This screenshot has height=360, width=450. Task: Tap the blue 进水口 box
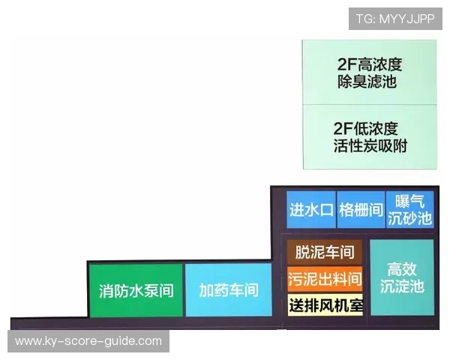coord(310,210)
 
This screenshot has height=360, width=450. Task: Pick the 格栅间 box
coord(359,210)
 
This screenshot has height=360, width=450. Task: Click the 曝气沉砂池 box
coord(409,210)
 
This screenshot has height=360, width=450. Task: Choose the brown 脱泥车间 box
coord(324,252)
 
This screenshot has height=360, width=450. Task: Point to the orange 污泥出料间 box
coord(324,279)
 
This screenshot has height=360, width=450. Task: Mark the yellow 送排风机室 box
coord(324,305)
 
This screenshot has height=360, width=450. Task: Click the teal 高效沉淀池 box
coord(402,277)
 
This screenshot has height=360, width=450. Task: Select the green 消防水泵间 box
coord(136,290)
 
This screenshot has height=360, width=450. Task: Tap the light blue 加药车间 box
coord(228,290)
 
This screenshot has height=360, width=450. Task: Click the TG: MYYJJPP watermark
coord(394,19)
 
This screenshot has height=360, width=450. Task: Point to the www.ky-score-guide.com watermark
coord(88,341)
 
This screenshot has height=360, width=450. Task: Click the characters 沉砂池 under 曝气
coord(409,219)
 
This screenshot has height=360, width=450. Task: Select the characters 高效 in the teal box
coord(402,268)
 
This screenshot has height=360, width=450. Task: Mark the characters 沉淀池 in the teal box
coord(402,286)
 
